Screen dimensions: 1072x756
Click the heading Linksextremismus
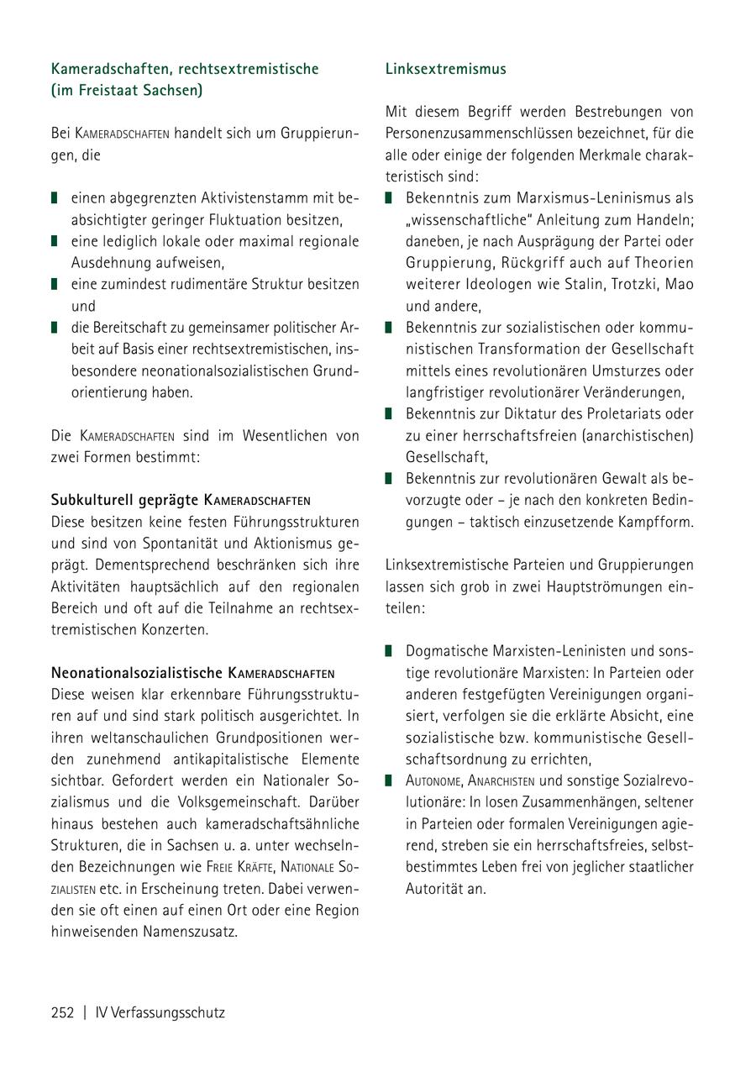445,69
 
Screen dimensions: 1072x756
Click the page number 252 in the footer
63,1012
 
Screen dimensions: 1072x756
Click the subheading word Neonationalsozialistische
137,673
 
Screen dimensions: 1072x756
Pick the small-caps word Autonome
432,780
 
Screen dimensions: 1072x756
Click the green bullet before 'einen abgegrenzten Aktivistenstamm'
55,199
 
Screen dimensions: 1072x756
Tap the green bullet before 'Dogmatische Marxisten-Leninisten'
389,651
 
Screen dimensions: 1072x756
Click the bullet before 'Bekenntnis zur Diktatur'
389,414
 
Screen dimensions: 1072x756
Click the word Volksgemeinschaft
238,801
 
